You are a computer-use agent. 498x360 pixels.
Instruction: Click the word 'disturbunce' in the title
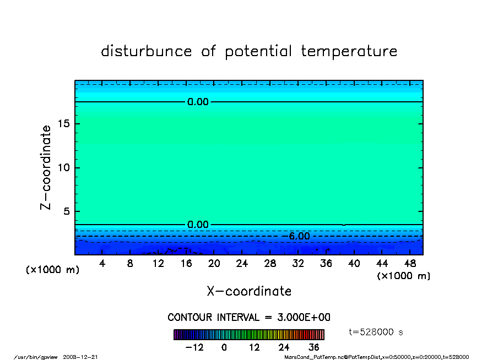point(147,51)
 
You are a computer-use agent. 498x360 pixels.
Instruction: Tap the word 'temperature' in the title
point(349,51)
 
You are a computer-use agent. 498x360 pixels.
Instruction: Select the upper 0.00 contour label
point(198,102)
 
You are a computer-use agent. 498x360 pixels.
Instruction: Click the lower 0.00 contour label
point(198,225)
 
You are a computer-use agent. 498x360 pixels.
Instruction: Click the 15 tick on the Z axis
point(64,123)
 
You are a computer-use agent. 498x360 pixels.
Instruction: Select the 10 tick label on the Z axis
point(64,167)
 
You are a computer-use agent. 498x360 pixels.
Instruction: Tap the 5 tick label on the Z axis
point(66,211)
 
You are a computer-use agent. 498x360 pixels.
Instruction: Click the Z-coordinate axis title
point(45,167)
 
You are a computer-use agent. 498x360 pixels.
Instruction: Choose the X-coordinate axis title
point(249,291)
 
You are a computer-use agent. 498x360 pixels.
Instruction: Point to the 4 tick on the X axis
point(102,263)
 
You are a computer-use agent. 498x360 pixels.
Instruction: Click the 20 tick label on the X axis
point(214,263)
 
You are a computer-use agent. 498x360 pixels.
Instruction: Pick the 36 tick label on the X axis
point(326,263)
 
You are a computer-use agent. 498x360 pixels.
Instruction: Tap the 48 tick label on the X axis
point(410,263)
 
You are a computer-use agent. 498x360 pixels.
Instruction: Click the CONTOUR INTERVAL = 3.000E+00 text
point(249,317)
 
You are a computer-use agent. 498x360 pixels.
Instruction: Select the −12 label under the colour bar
point(194,347)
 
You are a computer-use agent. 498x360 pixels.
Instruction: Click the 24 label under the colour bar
point(284,347)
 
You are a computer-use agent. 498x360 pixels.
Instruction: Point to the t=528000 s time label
point(376,332)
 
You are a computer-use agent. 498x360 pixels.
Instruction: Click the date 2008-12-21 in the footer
point(80,357)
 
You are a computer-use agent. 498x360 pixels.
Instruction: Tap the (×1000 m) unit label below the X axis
point(403,276)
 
